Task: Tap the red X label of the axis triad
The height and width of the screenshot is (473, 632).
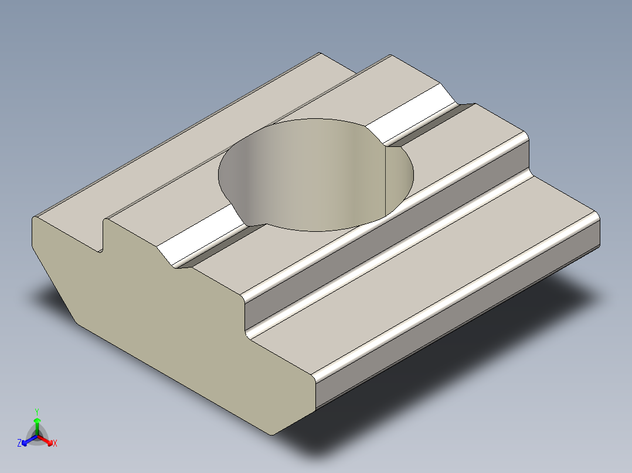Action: click(x=55, y=444)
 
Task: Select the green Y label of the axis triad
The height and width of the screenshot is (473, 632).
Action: click(x=36, y=412)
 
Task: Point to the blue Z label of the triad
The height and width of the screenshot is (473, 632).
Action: click(x=19, y=444)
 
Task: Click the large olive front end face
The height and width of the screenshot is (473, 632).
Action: click(x=170, y=328)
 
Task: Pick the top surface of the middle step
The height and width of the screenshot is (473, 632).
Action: click(x=399, y=222)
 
